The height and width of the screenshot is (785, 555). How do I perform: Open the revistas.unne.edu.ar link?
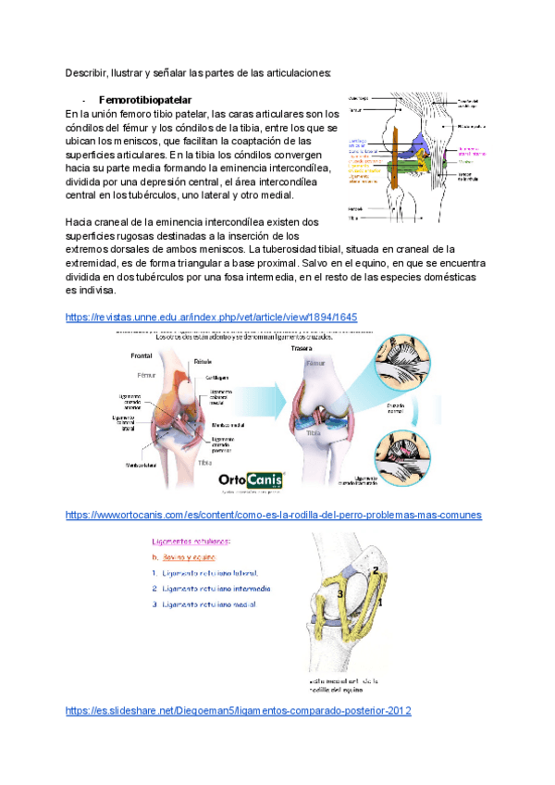[x=211, y=317]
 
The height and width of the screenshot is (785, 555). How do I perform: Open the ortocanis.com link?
[x=274, y=514]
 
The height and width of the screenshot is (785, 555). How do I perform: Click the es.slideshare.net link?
[x=238, y=710]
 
